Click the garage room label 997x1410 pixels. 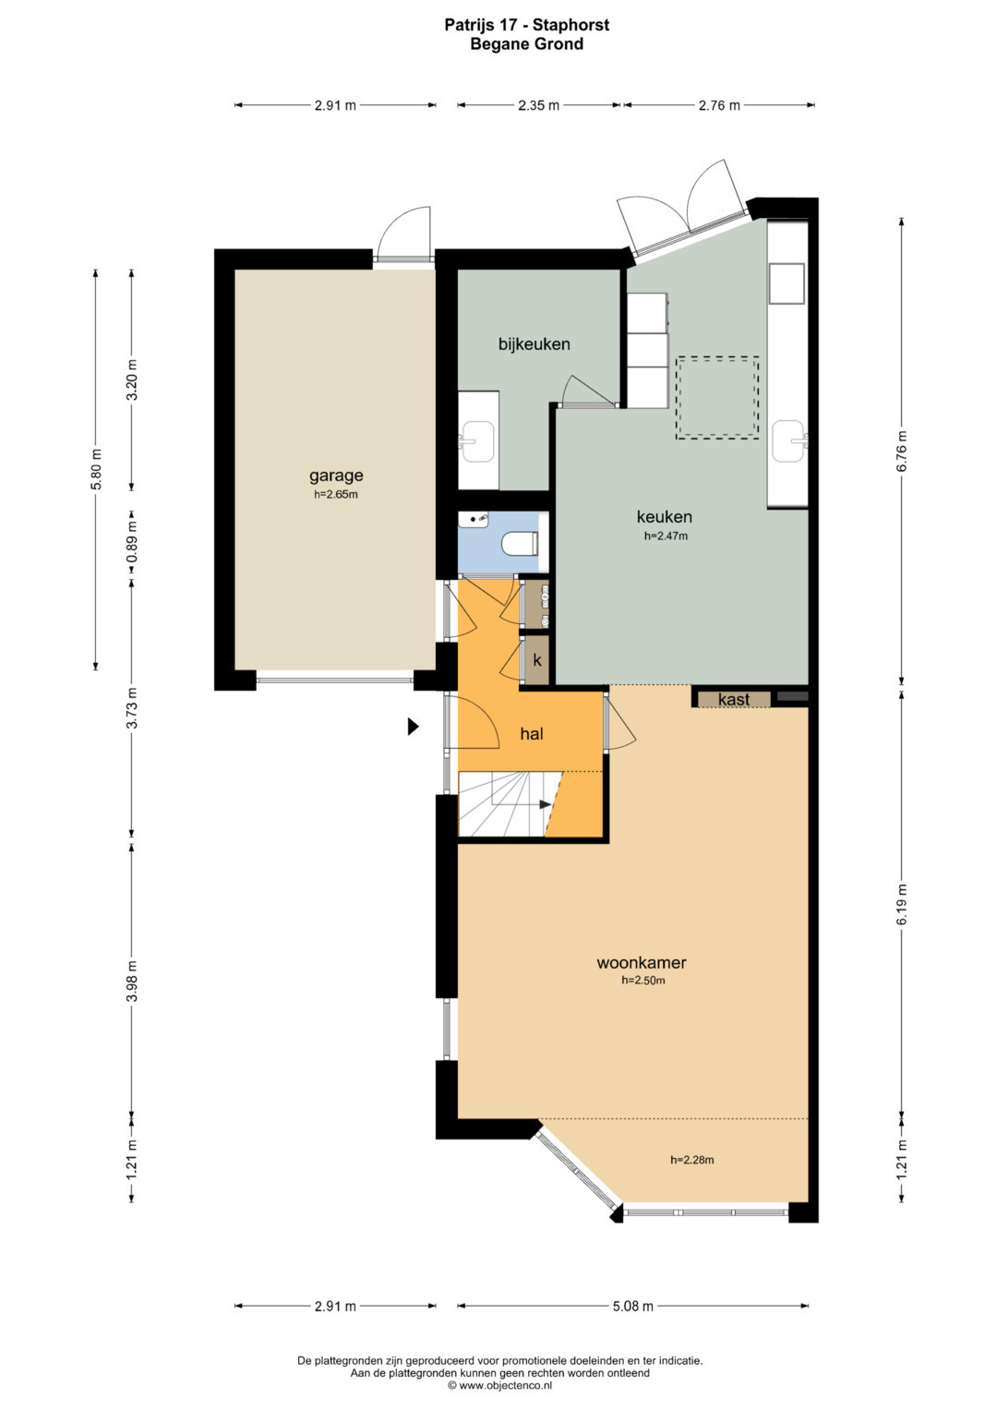[x=335, y=476]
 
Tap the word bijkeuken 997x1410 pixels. [x=535, y=344]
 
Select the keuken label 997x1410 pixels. [x=664, y=517]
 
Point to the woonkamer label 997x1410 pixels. [x=642, y=962]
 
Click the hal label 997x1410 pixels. [x=532, y=734]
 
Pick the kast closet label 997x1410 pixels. [x=734, y=699]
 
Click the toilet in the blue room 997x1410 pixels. [x=521, y=543]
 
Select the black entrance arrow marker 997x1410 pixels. [x=413, y=727]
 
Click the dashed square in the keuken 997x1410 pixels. [x=717, y=398]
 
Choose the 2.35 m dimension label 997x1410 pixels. [x=539, y=106]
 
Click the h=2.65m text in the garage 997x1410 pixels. [x=335, y=494]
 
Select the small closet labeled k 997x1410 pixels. [x=537, y=660]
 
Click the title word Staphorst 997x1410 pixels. [x=571, y=25]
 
